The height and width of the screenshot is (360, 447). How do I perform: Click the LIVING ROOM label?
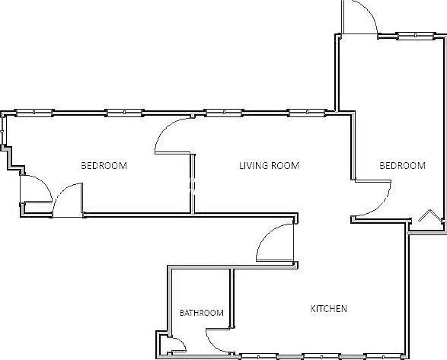269,166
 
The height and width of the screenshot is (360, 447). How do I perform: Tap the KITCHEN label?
328,309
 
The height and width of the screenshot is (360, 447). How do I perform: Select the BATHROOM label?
202,313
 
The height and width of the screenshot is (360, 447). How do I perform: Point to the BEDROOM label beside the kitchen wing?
402,166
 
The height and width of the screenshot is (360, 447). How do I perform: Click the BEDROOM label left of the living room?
104,166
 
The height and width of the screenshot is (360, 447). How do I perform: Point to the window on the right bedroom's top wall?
415,36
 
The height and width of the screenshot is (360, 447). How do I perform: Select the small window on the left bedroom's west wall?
2,131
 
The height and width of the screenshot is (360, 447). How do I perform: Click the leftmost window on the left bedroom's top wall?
34,113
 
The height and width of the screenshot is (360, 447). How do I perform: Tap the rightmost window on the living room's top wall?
307,113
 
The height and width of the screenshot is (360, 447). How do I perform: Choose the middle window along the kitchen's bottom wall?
321,357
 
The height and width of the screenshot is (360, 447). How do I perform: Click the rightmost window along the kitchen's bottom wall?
384,357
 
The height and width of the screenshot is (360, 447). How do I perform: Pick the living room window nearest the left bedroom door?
224,113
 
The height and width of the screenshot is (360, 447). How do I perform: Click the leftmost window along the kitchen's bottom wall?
259,357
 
